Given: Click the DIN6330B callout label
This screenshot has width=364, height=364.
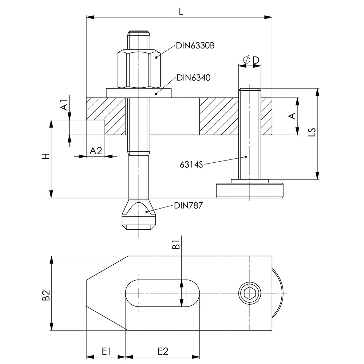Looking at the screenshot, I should (x=195, y=46).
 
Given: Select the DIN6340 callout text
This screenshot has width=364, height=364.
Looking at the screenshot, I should (x=193, y=77).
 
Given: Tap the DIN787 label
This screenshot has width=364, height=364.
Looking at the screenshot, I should (x=188, y=206).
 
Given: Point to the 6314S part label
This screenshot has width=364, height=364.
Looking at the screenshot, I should (x=191, y=165).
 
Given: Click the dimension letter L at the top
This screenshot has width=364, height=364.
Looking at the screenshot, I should (x=181, y=12).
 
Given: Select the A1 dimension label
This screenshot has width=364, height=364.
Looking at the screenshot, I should (x=64, y=106).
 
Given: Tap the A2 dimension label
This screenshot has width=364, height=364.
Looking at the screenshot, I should (x=96, y=151).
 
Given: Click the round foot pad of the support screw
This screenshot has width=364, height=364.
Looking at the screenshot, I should (x=250, y=191).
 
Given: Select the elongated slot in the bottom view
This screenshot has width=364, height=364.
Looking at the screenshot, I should (x=162, y=293).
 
